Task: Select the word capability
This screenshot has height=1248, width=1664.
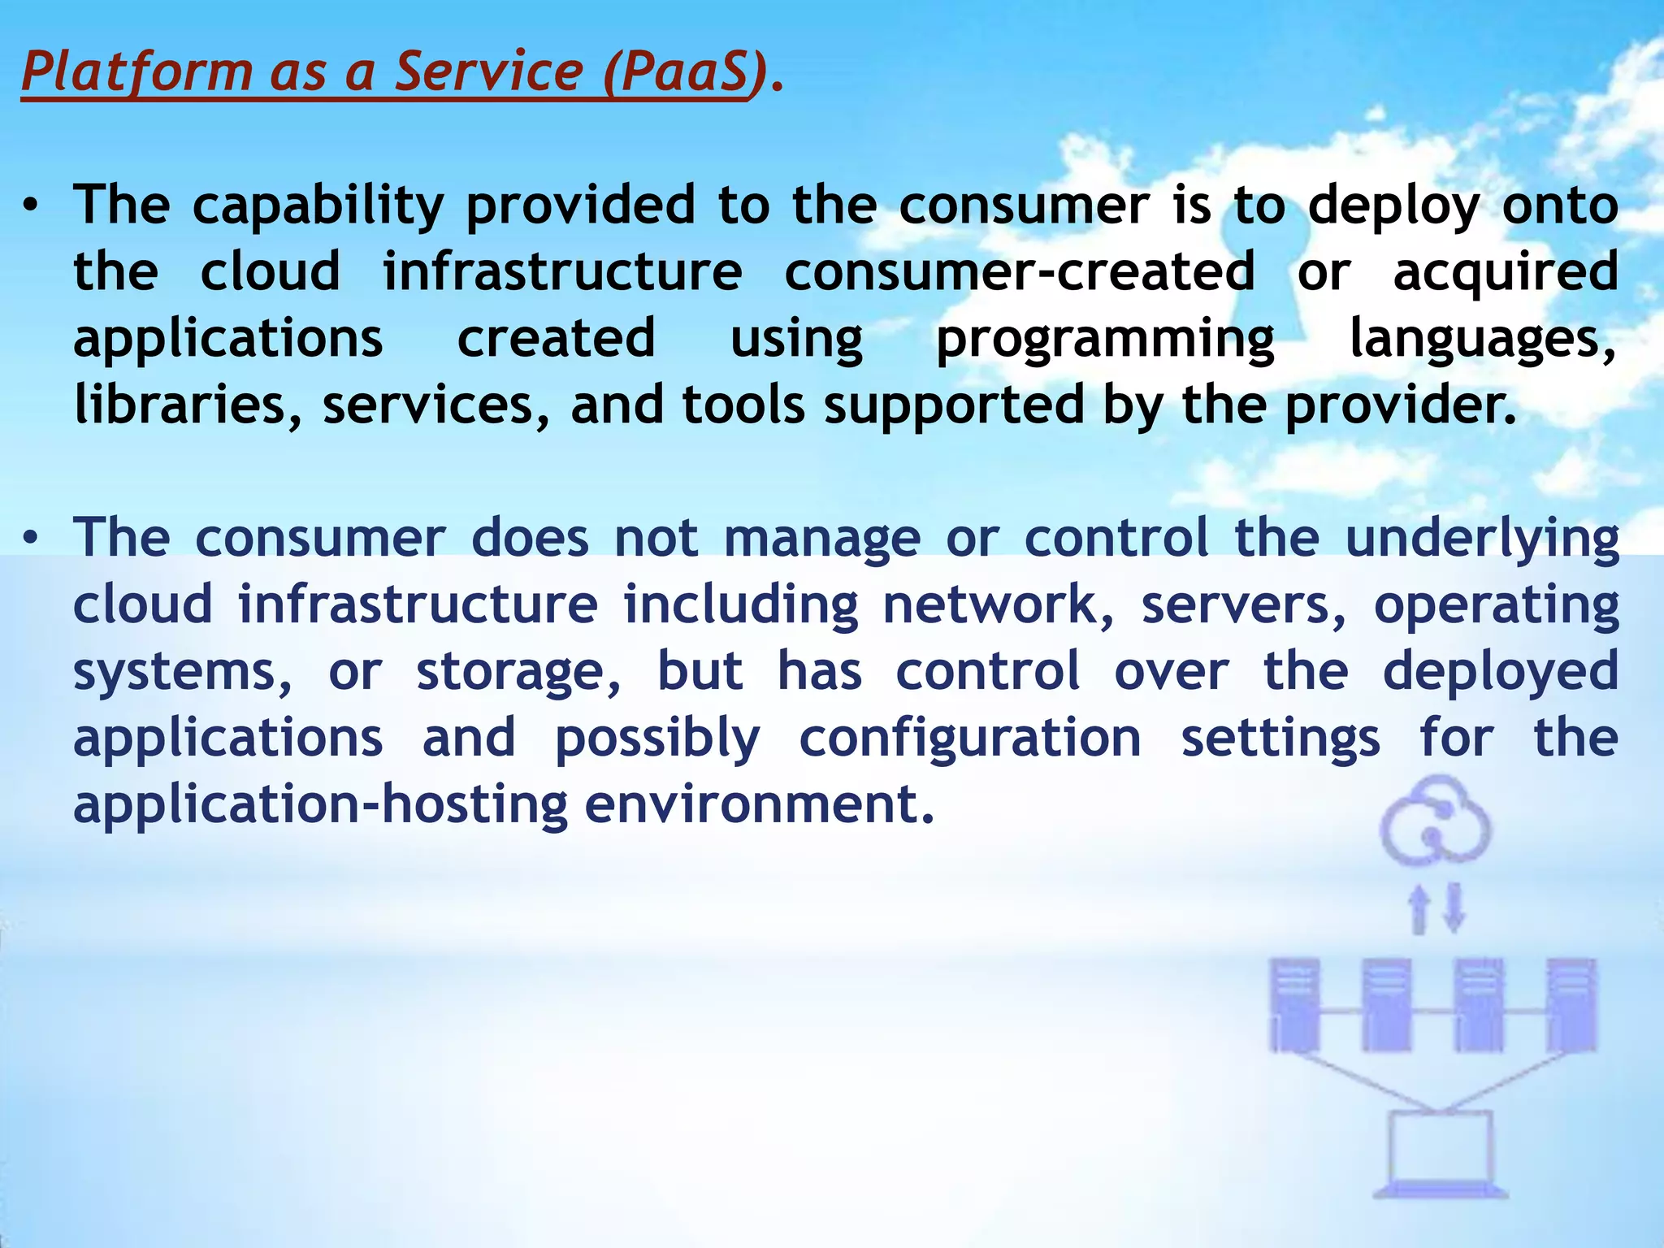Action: click(318, 206)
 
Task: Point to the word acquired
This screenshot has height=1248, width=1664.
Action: click(1506, 271)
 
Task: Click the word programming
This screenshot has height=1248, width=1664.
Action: click(1105, 340)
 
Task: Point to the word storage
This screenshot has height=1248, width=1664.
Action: click(519, 673)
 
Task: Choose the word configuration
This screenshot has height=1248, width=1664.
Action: click(970, 739)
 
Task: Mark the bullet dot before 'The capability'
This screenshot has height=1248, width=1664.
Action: click(30, 206)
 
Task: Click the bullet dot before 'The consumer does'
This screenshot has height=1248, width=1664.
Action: click(30, 539)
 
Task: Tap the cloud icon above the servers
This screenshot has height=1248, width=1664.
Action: click(1436, 821)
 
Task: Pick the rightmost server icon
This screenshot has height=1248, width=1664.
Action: click(1571, 1006)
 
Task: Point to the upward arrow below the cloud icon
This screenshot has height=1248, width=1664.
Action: click(1419, 908)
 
